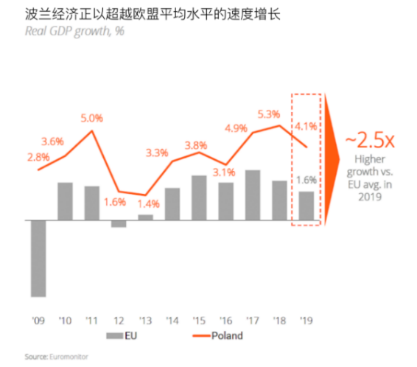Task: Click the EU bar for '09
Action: [38, 258]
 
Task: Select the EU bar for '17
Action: [253, 195]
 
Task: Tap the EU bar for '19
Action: [306, 206]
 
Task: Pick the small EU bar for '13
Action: [145, 217]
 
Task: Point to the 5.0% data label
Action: [92, 118]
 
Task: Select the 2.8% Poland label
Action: [38, 156]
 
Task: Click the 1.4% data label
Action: [147, 203]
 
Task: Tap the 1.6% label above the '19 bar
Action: [306, 179]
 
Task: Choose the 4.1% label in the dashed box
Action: [306, 126]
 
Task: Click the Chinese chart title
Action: [147, 13]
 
